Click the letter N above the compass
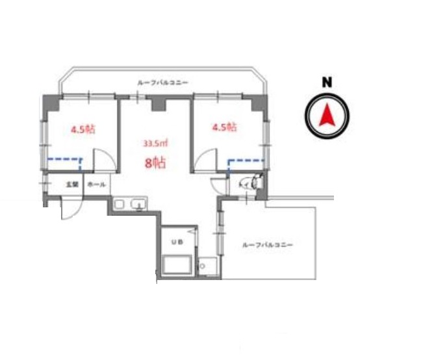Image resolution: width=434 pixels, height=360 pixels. [x=327, y=82]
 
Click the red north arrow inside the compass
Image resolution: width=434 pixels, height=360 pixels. [x=327, y=115]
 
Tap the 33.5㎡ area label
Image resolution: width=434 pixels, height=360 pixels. [x=155, y=143]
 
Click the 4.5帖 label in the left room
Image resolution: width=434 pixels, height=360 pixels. [x=83, y=129]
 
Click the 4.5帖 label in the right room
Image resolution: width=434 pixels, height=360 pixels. [x=225, y=127]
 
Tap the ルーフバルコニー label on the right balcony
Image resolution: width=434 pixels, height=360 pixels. [x=267, y=245]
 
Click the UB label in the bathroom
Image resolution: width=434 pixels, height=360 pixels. [x=176, y=242]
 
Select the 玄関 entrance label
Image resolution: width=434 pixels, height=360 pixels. [x=71, y=185]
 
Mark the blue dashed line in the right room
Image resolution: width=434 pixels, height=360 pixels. [x=246, y=159]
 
